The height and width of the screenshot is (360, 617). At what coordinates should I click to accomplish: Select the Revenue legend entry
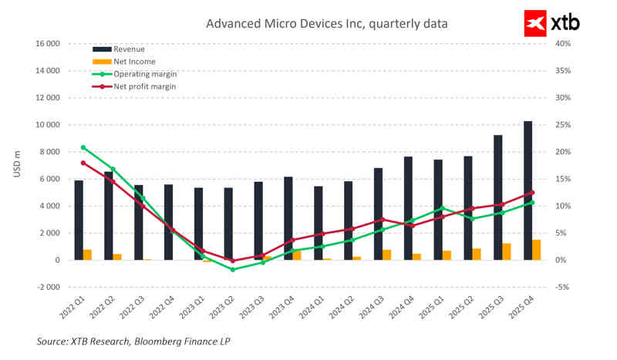coord(128,49)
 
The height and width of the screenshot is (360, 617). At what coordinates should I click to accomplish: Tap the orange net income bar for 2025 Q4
coord(536,250)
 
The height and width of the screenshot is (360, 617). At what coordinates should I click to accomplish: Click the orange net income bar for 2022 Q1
coord(87,254)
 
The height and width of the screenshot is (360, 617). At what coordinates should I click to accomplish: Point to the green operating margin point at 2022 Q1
coord(83,147)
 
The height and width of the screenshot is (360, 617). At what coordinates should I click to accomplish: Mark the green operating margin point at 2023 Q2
coord(232,269)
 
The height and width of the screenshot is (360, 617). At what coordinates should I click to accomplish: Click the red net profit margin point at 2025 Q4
coord(532,193)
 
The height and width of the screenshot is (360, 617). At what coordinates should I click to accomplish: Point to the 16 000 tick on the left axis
coord(48,44)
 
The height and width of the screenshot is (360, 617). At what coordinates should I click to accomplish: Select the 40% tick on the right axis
coord(562,44)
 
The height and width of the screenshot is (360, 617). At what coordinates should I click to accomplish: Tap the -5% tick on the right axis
coord(562,287)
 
